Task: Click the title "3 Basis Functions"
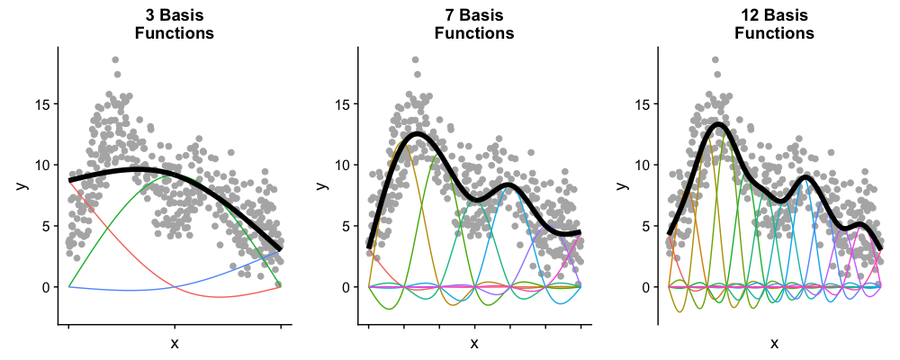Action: pyautogui.click(x=174, y=24)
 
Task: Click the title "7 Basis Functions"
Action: pyautogui.click(x=474, y=24)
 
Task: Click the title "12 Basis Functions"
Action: pyautogui.click(x=774, y=24)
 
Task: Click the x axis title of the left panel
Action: pyautogui.click(x=174, y=343)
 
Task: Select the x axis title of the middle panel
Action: pyautogui.click(x=474, y=343)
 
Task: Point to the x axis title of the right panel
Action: pyautogui.click(x=774, y=343)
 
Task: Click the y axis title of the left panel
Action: pyautogui.click(x=20, y=185)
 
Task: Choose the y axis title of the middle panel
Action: pyautogui.click(x=320, y=185)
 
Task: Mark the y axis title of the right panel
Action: pyautogui.click(x=620, y=185)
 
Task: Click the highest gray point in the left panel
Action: pyautogui.click(x=115, y=60)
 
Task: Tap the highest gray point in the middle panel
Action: pyautogui.click(x=415, y=60)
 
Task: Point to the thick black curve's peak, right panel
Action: pyautogui.click(x=717, y=124)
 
